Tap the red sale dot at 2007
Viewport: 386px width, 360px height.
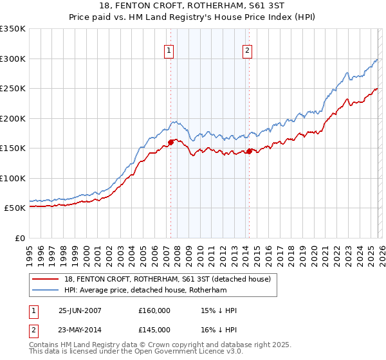[170, 142]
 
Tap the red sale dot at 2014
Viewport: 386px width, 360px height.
[249, 151]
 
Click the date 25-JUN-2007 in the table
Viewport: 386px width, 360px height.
[80, 310]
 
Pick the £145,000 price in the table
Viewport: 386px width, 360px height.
[154, 328]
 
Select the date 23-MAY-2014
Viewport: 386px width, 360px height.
[80, 328]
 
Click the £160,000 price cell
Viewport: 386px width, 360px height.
[154, 310]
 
